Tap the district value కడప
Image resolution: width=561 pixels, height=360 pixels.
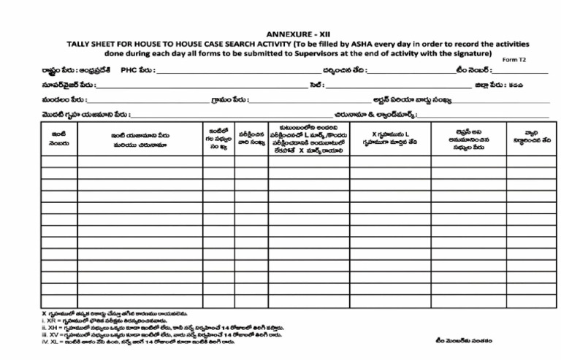tap(516, 85)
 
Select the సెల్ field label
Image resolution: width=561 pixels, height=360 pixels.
tap(316, 85)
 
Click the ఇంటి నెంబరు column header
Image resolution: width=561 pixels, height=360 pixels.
tap(61, 139)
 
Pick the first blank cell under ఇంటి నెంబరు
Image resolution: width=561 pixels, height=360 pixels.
tap(61, 161)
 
